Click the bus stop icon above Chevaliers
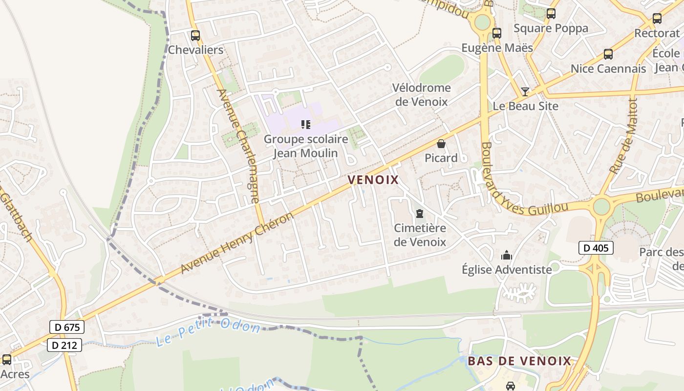click(195, 36)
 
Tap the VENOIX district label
click(373, 180)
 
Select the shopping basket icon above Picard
click(441, 144)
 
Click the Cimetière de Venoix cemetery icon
click(420, 214)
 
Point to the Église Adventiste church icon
click(507, 255)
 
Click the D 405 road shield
click(596, 248)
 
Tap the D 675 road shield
click(67, 327)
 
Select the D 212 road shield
click(64, 345)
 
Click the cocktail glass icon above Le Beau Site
click(525, 91)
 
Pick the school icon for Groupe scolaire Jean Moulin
click(306, 125)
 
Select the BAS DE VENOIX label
click(519, 361)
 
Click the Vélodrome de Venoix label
click(422, 94)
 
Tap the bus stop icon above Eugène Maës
click(497, 33)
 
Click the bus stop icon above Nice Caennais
click(608, 54)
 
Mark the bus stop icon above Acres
click(7, 360)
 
